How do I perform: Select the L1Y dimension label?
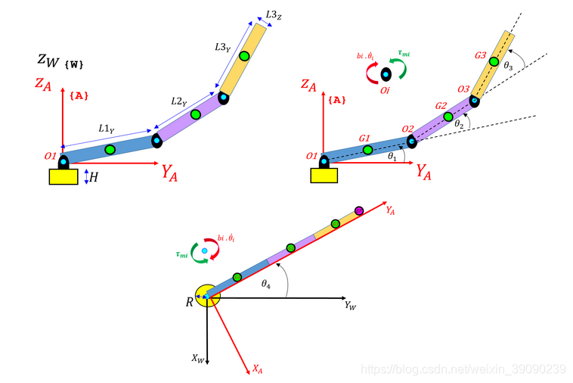[x=107, y=129]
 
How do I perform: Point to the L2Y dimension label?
[x=179, y=101]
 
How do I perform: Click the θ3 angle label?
[x=509, y=66]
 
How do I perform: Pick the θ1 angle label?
[x=392, y=156]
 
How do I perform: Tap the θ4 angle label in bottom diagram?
[x=266, y=284]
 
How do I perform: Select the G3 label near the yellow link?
[x=480, y=56]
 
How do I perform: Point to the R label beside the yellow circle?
[x=190, y=301]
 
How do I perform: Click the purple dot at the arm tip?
[x=359, y=210]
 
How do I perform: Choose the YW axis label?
[x=350, y=305]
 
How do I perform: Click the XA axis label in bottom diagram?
[x=258, y=369]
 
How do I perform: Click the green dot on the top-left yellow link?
[x=244, y=55]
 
